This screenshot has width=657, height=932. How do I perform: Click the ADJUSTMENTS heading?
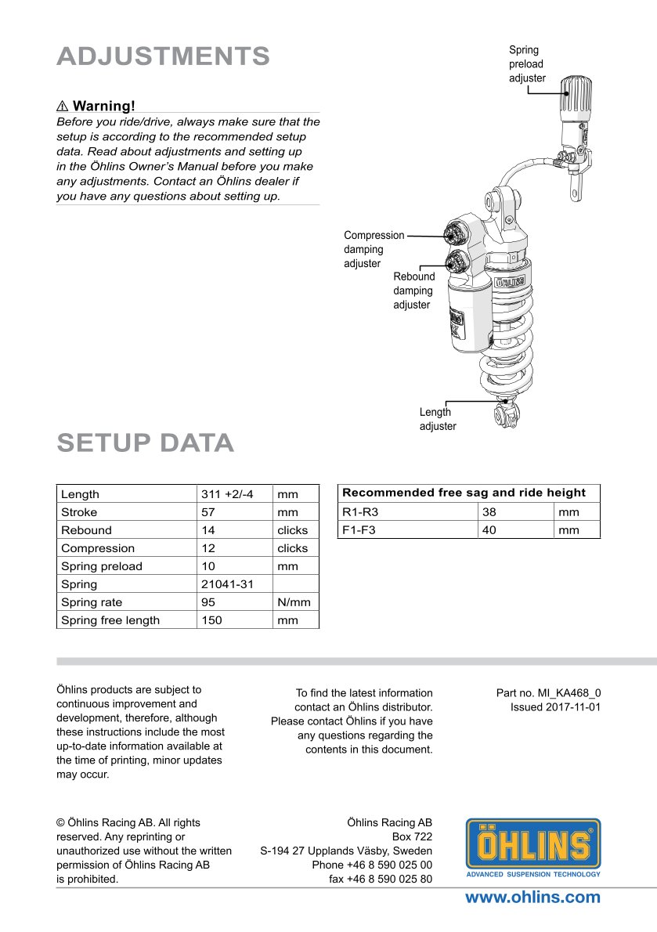point(163,56)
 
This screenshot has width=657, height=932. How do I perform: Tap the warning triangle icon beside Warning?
point(63,106)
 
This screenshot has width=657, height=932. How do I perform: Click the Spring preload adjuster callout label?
point(527,64)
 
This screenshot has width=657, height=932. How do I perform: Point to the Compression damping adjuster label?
point(374,249)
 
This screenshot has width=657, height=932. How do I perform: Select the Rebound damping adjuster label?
point(413,291)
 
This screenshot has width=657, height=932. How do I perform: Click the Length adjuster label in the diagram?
point(437,419)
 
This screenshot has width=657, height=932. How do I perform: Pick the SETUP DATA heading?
point(145,443)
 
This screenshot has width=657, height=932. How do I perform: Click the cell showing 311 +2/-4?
point(227,494)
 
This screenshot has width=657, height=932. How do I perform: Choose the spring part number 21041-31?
point(227,584)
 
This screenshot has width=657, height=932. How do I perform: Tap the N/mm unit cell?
point(294,602)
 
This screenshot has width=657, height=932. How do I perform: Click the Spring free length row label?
point(110,620)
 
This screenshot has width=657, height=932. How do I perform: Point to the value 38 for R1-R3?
point(490,512)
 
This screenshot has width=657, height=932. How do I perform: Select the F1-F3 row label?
point(362,530)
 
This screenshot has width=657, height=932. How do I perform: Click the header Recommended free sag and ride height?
point(464,493)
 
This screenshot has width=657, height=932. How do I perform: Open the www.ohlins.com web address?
point(532,898)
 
